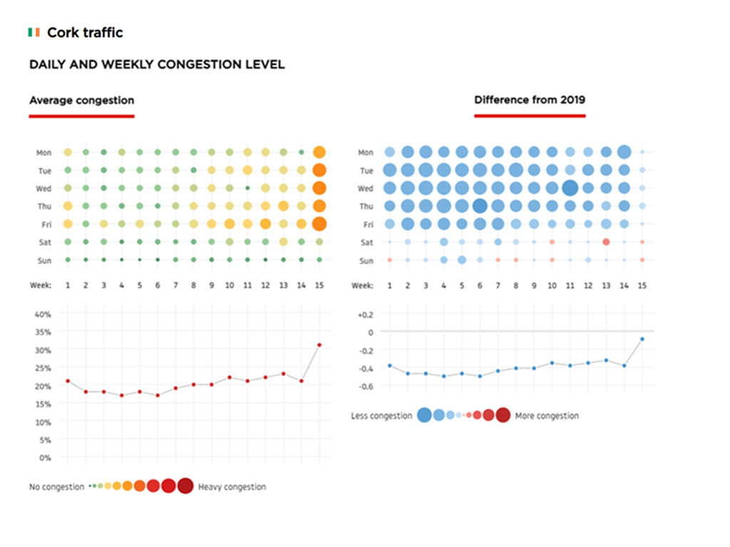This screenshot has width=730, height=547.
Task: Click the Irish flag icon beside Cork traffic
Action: pos(34,33)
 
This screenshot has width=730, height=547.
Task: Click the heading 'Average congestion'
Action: pos(81,100)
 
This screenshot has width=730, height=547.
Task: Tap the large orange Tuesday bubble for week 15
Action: pos(319,170)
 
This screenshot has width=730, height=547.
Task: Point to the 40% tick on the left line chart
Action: pos(43,314)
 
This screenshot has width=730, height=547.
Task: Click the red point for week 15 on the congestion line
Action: pos(319,345)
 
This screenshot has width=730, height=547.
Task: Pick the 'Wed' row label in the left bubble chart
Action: pos(43,189)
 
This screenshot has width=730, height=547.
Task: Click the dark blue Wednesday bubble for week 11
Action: pos(570,188)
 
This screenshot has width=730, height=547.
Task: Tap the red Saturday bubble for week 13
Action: pos(606,242)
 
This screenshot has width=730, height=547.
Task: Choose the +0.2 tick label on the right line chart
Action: pos(365,314)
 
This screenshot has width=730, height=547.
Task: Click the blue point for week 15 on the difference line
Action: pos(642,338)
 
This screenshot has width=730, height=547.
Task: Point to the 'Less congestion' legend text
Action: pos(381,416)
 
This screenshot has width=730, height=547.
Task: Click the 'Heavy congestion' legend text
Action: pos(232,487)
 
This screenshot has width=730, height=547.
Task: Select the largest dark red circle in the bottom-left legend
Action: pos(185,486)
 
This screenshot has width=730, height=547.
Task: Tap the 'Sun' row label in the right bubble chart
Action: pos(366,261)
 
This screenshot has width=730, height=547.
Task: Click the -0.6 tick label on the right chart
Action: pos(365,387)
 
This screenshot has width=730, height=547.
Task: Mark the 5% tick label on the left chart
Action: pos(45,440)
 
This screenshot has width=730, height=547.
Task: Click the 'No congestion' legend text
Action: pos(56,487)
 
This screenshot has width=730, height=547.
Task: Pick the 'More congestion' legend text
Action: pos(547,416)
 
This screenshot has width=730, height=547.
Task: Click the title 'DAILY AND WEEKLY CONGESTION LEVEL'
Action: pos(157,65)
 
